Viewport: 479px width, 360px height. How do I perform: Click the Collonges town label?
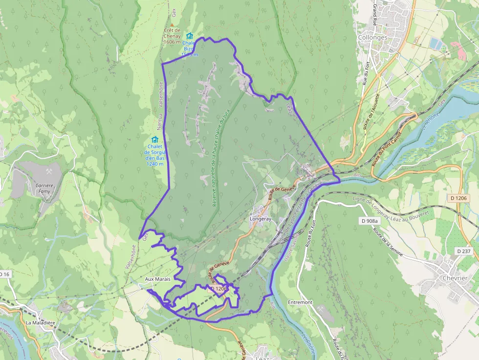(x=372, y=37)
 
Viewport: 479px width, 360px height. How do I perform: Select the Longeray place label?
(x=261, y=219)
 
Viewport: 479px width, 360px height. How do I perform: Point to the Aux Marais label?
(x=157, y=279)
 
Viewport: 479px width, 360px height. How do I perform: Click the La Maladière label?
(x=40, y=323)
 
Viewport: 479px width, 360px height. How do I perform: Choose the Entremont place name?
(x=300, y=302)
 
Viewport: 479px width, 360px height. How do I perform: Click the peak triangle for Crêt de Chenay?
(x=172, y=23)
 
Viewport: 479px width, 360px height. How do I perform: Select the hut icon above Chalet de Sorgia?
(x=155, y=139)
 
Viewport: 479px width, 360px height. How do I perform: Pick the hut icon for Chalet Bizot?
(x=190, y=36)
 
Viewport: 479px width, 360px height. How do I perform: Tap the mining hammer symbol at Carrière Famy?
(x=49, y=171)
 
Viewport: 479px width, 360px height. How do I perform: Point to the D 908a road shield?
(x=369, y=221)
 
